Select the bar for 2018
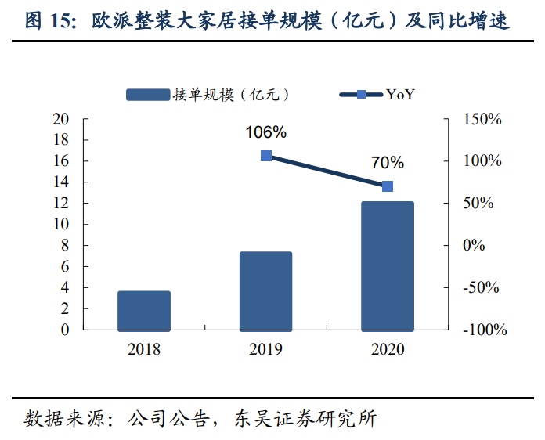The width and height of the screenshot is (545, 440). click(144, 310)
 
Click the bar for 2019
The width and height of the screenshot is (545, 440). click(265, 290)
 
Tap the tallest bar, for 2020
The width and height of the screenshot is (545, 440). click(387, 265)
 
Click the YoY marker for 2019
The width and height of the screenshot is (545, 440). click(265, 156)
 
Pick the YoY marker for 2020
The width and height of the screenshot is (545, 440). click(387, 186)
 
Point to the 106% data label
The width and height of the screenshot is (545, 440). click(265, 132)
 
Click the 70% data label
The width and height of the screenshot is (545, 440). click(388, 163)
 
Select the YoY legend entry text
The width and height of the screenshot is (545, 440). click(400, 95)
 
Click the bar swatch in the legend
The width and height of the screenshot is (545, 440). click(148, 95)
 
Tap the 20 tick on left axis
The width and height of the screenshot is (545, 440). click(60, 119)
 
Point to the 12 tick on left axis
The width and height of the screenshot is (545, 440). click(60, 204)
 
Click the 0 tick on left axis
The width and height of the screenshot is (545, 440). click(64, 330)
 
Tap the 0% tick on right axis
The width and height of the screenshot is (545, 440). click(475, 246)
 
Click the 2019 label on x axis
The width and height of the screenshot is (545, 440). click(265, 349)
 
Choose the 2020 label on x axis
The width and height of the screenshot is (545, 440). click(387, 349)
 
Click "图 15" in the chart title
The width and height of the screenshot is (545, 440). click(47, 21)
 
